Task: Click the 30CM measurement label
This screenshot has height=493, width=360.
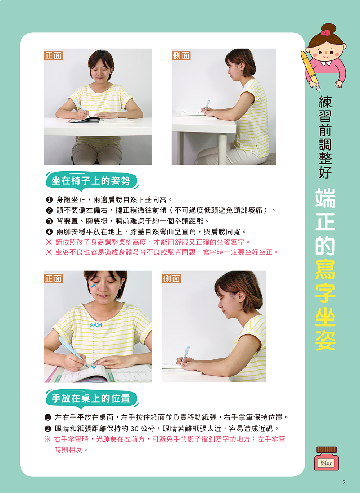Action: [x=95, y=325]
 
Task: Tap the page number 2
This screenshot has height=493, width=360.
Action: [x=344, y=483]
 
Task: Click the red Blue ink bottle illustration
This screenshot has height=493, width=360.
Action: [x=327, y=458]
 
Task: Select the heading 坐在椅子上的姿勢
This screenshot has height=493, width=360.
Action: [x=91, y=181]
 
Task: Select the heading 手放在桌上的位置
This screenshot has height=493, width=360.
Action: [x=91, y=398]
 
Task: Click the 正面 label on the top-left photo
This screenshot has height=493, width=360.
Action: [x=54, y=55]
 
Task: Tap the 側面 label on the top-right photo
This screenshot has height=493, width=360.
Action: [x=181, y=55]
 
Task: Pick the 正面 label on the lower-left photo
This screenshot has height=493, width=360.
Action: [x=54, y=278]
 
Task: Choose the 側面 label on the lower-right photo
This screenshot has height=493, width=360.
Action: [x=171, y=278]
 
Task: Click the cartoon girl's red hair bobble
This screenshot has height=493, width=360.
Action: [x=325, y=32]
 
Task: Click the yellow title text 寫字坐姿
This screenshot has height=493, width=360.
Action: [x=325, y=305]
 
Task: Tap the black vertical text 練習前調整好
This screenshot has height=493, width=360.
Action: [x=325, y=137]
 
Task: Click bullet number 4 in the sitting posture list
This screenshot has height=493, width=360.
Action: [x=49, y=232]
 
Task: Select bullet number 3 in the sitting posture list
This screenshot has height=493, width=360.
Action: [x=49, y=221]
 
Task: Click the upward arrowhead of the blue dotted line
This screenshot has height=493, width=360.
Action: [x=94, y=286]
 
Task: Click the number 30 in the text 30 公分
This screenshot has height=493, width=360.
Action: [x=135, y=429]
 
